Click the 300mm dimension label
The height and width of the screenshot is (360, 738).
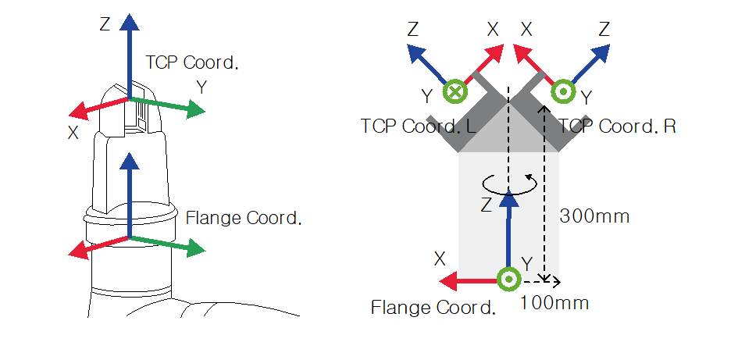(x=595, y=216)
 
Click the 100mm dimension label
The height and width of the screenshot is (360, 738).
(x=554, y=302)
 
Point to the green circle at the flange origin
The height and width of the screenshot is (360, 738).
(x=508, y=278)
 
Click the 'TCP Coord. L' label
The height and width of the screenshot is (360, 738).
(x=419, y=126)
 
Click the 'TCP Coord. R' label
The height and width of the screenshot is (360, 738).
(x=617, y=126)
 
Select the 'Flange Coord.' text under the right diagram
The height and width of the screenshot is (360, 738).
(x=433, y=307)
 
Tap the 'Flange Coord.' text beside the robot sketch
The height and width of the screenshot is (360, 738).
(x=244, y=218)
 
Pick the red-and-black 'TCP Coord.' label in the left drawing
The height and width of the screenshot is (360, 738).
(x=192, y=63)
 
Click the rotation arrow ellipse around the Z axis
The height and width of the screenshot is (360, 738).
(x=508, y=184)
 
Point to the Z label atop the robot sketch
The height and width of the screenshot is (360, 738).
(x=105, y=24)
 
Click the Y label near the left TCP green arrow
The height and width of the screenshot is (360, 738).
(x=201, y=87)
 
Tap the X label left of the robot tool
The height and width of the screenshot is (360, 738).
(x=73, y=133)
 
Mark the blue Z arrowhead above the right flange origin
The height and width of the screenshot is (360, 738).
(x=508, y=200)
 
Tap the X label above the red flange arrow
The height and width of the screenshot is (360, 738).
(x=440, y=258)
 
